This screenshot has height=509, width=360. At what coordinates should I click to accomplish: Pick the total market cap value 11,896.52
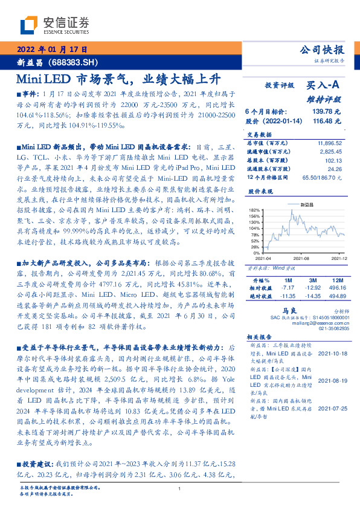[x=329, y=140]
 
